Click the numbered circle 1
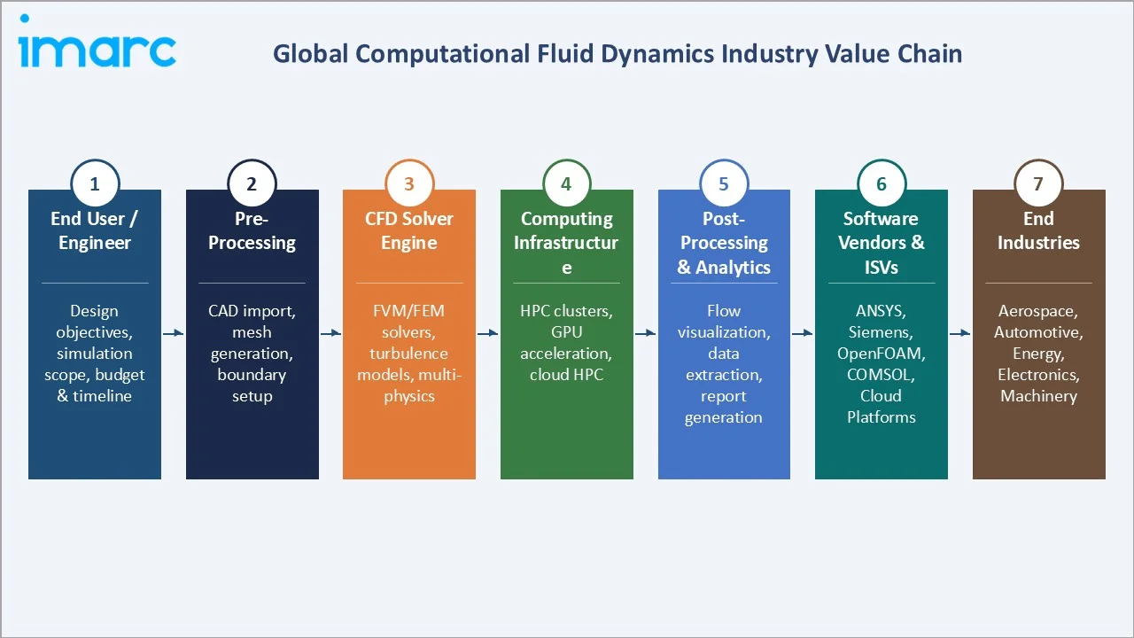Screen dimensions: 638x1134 [x=95, y=184]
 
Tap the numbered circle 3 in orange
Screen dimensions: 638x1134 [x=409, y=184]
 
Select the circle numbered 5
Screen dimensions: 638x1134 [x=724, y=184]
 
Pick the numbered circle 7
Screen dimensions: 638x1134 [x=1038, y=184]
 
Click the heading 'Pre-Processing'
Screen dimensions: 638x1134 [x=252, y=230]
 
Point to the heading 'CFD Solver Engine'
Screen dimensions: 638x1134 [x=409, y=230]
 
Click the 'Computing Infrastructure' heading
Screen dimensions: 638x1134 [x=566, y=243]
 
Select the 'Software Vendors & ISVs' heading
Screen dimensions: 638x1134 [x=882, y=243]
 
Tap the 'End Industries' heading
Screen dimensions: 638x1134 [x=1038, y=230]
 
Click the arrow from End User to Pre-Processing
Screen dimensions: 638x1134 [x=174, y=333]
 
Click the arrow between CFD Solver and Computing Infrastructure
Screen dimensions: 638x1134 [x=488, y=333]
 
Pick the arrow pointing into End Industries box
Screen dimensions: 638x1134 [x=960, y=333]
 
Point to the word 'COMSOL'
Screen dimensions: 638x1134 [x=881, y=375]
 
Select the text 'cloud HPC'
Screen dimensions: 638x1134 [x=566, y=375]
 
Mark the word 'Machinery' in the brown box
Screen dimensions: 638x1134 [x=1038, y=396]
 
